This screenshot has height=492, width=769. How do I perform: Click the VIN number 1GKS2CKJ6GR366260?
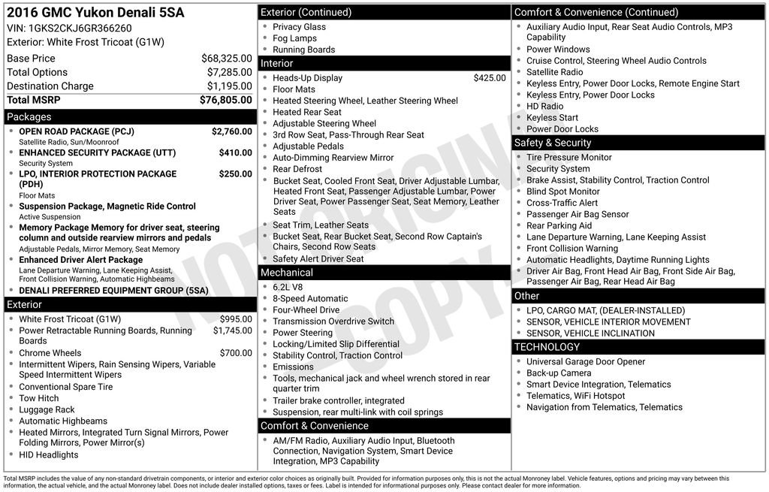(x=80, y=28)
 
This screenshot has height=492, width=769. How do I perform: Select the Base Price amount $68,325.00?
(x=226, y=58)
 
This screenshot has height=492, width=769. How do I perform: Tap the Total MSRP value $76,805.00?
(x=225, y=100)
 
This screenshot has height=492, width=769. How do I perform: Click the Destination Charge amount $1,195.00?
(x=229, y=86)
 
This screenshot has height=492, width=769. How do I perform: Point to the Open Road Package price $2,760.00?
(x=231, y=131)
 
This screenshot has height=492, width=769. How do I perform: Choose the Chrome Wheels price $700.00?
(x=236, y=353)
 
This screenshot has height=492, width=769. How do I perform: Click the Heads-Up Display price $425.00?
(x=490, y=78)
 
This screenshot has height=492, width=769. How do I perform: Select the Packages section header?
(x=29, y=117)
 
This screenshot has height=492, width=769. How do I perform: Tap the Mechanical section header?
(x=287, y=273)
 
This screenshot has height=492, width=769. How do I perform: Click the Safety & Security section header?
(x=552, y=143)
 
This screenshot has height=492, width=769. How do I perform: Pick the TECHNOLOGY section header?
(x=547, y=347)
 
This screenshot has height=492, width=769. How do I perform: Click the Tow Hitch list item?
(x=38, y=399)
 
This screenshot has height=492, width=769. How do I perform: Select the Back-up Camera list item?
(x=558, y=373)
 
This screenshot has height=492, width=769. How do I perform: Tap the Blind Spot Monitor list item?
(x=562, y=192)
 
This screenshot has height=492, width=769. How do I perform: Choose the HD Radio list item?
(x=544, y=107)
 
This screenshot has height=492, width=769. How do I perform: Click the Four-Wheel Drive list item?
(x=306, y=309)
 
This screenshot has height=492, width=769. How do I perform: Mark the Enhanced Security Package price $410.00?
(x=235, y=152)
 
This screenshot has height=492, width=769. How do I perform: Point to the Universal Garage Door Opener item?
(x=585, y=362)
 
